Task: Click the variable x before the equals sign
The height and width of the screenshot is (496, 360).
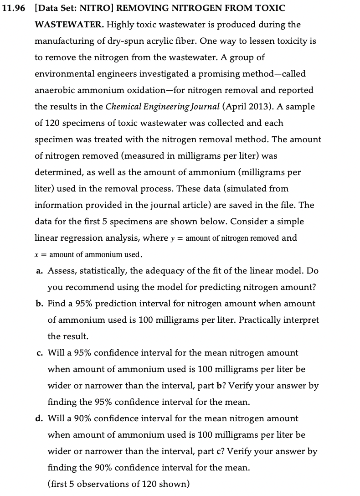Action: click(37, 254)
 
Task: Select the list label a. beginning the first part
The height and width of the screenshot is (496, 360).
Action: click(40, 271)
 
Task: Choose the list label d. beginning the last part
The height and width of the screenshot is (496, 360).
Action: click(40, 418)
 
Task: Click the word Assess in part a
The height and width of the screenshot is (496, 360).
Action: click(61, 271)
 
